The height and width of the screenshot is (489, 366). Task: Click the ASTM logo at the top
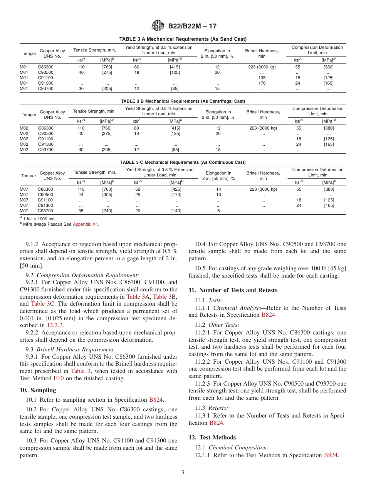(158, 26)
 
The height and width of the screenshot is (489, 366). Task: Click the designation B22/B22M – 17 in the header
(192, 26)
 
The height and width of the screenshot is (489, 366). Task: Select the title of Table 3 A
(183, 39)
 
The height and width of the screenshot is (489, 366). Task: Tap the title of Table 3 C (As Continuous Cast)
(183, 162)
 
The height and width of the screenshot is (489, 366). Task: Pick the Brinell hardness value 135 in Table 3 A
(262, 78)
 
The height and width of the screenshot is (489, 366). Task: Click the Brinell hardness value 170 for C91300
(262, 83)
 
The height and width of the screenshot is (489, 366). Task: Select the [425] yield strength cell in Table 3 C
(176, 189)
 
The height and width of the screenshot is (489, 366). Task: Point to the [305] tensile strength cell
(107, 195)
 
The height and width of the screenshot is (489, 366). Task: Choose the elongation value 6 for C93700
(218, 211)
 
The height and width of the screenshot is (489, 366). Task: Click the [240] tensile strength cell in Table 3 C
(107, 211)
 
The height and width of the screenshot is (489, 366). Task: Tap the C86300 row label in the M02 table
(45, 128)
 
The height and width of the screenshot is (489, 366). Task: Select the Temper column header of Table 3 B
(29, 115)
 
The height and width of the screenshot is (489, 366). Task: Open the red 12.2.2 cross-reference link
(55, 325)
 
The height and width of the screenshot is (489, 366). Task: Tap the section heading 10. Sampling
(38, 390)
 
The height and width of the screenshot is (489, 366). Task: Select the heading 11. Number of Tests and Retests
(233, 290)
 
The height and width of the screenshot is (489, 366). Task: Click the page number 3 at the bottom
(183, 472)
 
